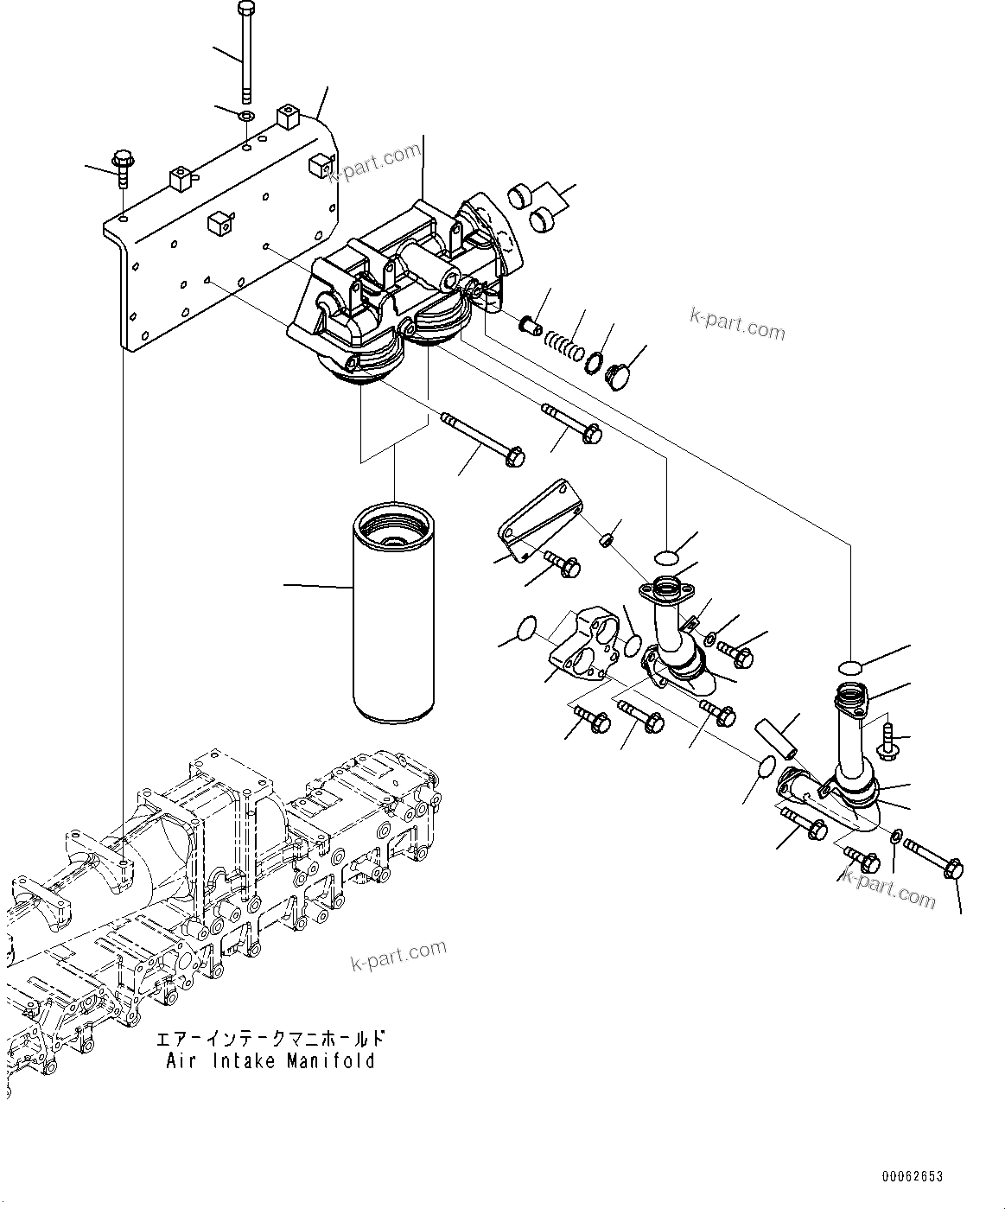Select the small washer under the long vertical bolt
(x=246, y=115)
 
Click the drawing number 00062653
(x=913, y=1176)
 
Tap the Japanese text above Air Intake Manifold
(x=270, y=1038)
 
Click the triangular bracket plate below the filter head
(x=541, y=519)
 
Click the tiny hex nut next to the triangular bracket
(x=607, y=541)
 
